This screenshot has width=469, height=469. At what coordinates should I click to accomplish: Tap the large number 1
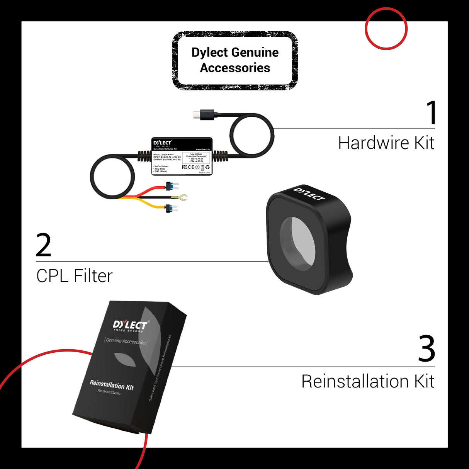click(431, 112)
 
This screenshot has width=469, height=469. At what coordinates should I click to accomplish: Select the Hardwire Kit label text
click(386, 143)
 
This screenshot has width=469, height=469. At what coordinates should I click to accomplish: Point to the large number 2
click(43, 245)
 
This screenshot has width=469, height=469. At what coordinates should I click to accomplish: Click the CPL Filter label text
click(75, 276)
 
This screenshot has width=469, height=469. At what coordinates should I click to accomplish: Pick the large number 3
click(427, 349)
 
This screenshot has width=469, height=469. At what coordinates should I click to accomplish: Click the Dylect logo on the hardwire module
click(162, 143)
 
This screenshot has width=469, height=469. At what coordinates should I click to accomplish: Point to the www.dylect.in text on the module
click(202, 149)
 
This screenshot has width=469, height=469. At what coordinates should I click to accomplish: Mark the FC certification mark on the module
click(185, 167)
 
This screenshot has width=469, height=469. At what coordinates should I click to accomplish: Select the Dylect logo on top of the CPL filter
click(309, 194)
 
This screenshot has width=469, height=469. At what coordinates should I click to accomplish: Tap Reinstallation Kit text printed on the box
click(111, 385)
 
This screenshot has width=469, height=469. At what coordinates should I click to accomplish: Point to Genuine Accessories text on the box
click(126, 341)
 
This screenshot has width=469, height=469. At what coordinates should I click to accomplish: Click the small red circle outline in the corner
click(386, 29)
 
